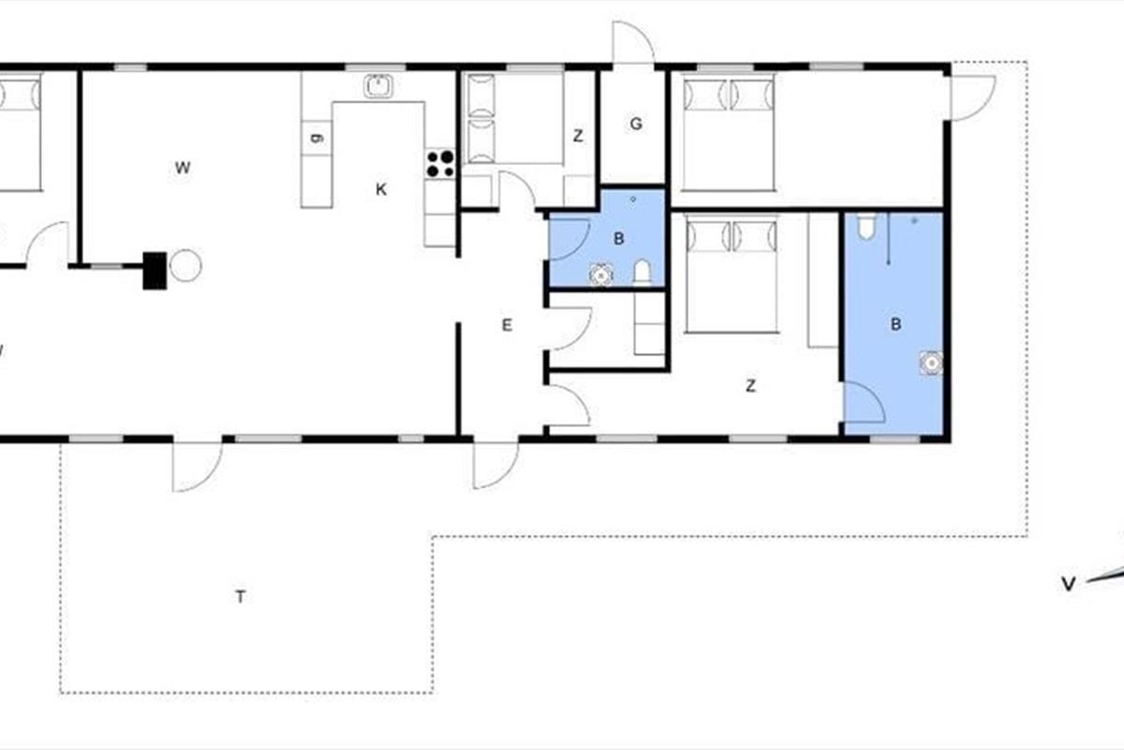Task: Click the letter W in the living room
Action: point(183,168)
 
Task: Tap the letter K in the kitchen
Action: point(381,189)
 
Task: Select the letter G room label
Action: point(636,124)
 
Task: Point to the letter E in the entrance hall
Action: point(507,325)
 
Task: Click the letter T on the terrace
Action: point(241,597)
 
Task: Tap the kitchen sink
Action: point(378,86)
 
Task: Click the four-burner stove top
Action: point(440,164)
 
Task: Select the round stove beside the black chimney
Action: point(185,265)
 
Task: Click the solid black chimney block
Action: point(155,271)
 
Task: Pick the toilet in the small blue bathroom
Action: point(643,273)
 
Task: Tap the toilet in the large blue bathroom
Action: point(866,226)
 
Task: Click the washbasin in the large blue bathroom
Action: point(931,363)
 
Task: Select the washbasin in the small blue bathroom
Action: point(601,275)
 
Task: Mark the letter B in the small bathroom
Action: point(619,239)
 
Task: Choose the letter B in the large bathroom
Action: point(895,324)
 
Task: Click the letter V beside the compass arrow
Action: point(1069,584)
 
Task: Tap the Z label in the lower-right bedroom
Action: point(750,386)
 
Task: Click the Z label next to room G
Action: point(578,136)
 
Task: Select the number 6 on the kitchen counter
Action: point(317,138)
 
